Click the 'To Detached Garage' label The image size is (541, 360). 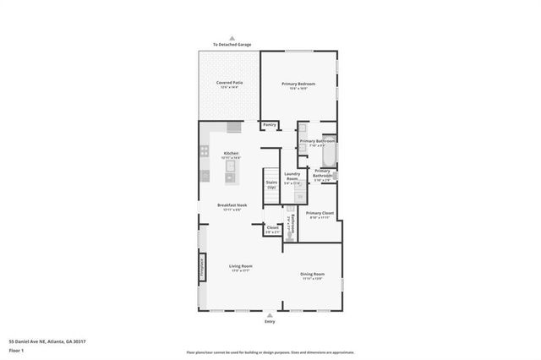click(x=232, y=45)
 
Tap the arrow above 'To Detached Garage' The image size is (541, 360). click(x=232, y=38)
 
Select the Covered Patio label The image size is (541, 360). click(x=229, y=84)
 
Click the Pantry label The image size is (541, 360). click(x=270, y=125)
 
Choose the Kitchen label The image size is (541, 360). click(x=232, y=154)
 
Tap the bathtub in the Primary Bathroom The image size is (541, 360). click(x=330, y=155)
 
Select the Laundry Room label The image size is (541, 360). click(x=292, y=178)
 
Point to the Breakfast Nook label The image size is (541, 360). click(x=232, y=208)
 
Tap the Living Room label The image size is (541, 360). click(x=241, y=267)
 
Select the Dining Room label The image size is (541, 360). click(x=313, y=275)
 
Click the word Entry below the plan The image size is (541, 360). click(x=270, y=322)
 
